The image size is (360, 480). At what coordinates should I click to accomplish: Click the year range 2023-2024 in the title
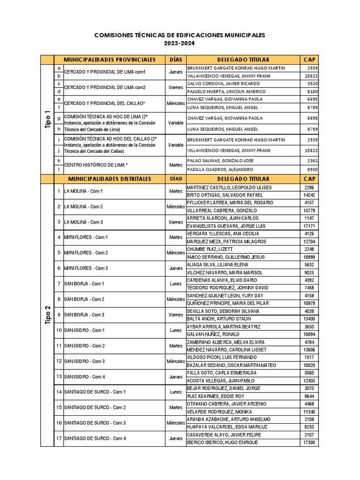(180, 43)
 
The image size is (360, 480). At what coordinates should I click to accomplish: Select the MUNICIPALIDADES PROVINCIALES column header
(109, 60)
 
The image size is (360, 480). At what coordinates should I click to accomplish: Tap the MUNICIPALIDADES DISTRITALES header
(109, 179)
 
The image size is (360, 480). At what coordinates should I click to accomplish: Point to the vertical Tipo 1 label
(47, 119)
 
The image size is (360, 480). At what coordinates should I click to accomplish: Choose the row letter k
(59, 160)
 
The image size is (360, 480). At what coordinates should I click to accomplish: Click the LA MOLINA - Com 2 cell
(83, 207)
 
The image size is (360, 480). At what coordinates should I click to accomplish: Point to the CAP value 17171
(309, 226)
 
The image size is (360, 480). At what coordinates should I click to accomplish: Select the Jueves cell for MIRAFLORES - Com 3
(176, 268)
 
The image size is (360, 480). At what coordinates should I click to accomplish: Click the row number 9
(59, 315)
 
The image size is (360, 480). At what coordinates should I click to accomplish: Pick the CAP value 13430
(309, 319)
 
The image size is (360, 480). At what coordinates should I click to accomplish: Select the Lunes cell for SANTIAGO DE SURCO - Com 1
(176, 392)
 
